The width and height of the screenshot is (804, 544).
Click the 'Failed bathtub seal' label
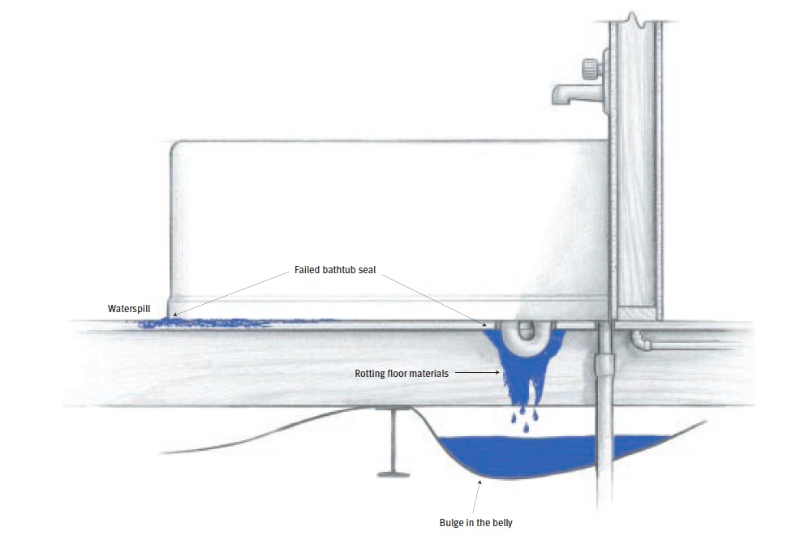335,270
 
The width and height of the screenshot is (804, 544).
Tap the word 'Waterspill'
129,309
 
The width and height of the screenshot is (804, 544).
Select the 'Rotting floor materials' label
402,374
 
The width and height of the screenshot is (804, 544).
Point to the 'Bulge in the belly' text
476,523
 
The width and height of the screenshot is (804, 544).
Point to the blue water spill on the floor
226,323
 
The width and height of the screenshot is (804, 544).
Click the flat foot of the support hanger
393,473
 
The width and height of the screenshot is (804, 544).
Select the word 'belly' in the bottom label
502,523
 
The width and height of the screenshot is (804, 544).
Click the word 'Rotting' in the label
369,374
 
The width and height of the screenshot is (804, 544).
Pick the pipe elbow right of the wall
641,340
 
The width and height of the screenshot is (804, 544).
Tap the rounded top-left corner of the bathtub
176,147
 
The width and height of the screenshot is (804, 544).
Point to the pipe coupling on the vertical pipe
605,366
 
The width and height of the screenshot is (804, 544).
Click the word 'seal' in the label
367,270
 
